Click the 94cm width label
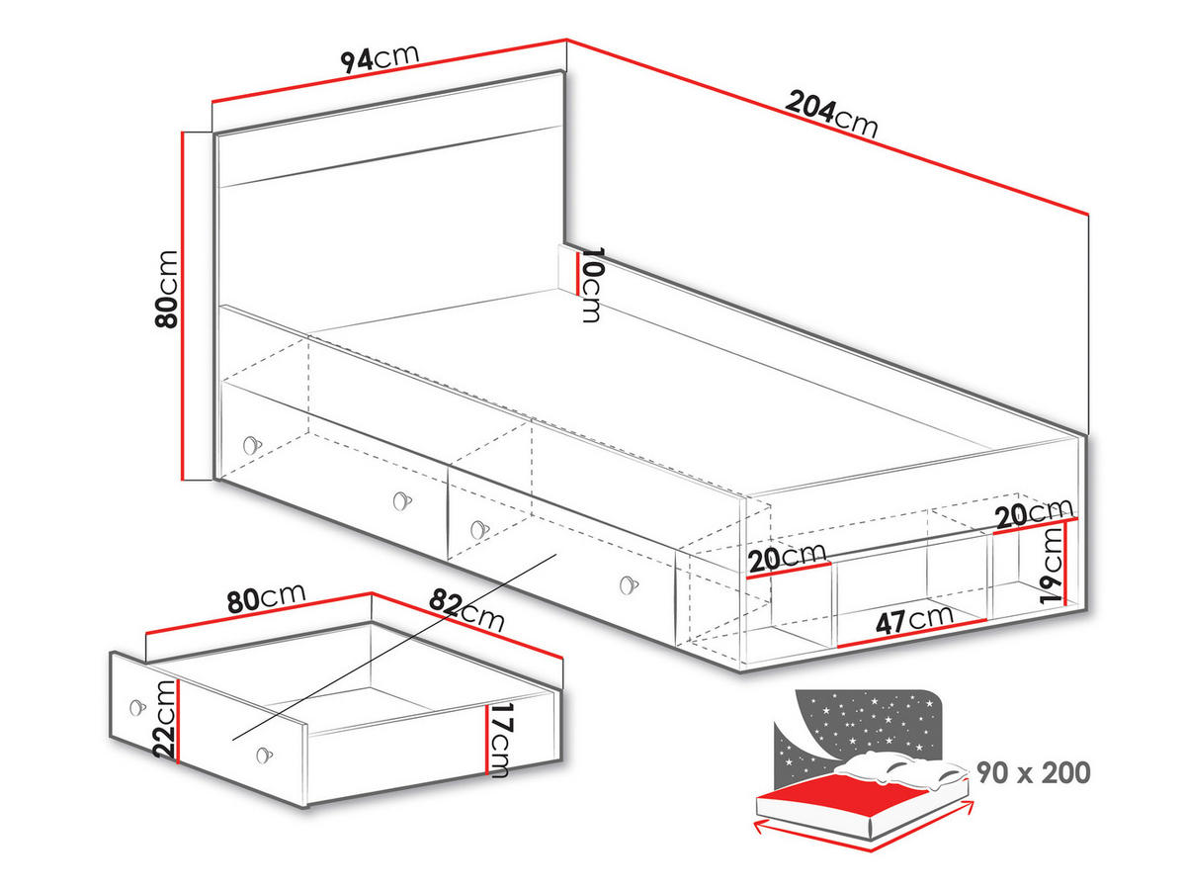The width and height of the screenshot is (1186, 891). coord(381,58)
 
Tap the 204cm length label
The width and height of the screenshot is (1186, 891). coord(831,114)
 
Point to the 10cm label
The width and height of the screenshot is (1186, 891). coord(591,284)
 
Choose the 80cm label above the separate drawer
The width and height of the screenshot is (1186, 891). coord(265,599)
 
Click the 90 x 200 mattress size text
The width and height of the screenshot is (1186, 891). coord(1034,771)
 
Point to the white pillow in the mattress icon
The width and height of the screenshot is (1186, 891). coord(889,766)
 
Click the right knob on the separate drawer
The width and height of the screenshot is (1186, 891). coord(263,755)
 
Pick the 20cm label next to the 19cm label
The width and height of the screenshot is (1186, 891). coord(1035,512)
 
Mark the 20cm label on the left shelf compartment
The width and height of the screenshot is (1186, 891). coord(787,559)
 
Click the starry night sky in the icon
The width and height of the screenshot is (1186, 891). coord(870,717)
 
